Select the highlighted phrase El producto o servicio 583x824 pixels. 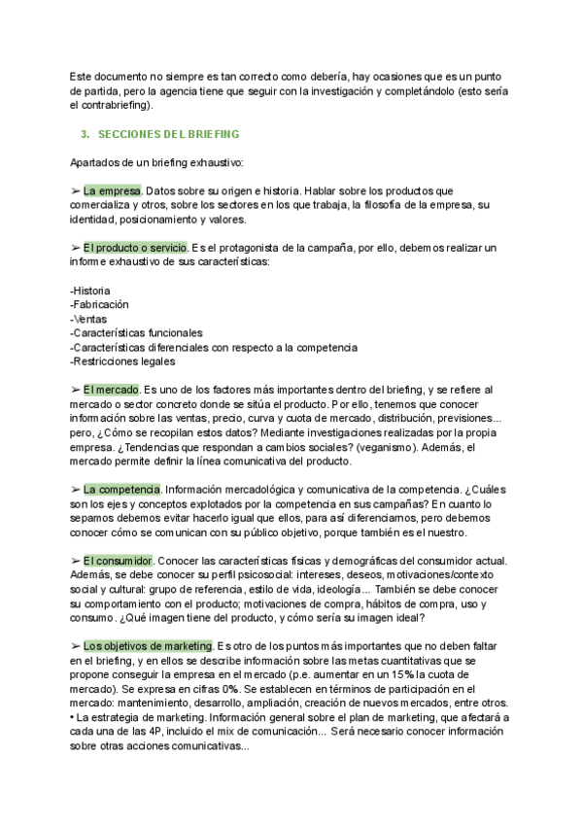point(135,248)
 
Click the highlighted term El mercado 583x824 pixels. point(111,390)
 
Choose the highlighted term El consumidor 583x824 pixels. point(119,562)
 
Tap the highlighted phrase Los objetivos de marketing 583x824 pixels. point(148,646)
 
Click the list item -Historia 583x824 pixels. point(90,292)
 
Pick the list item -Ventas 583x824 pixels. point(88,320)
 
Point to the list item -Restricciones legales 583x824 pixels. point(123,362)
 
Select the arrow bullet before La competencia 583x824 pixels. point(76,488)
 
